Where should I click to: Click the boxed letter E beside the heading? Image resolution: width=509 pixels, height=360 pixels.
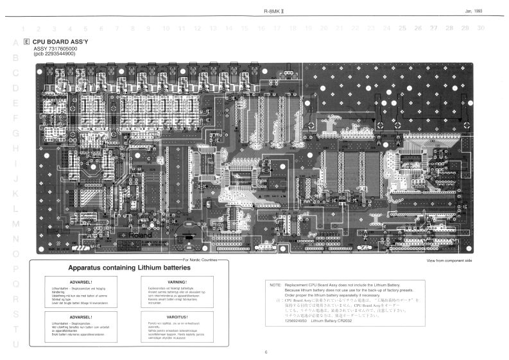[x=26, y=41]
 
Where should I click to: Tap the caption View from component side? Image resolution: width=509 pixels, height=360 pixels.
[x=450, y=261]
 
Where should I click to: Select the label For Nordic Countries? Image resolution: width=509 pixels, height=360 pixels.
[x=200, y=259]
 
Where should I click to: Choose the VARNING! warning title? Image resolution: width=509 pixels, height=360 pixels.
[x=176, y=282]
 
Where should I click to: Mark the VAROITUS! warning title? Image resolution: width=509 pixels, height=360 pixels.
[x=176, y=316]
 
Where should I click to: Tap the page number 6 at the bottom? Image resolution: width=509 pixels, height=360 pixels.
[x=266, y=352]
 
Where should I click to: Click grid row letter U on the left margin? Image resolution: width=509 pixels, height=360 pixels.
[x=15, y=345]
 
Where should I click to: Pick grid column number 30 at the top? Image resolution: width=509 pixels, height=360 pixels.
[x=481, y=28]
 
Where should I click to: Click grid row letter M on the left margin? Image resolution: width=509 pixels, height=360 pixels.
[x=15, y=223]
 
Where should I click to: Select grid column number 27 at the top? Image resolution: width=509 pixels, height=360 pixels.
[x=434, y=28]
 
